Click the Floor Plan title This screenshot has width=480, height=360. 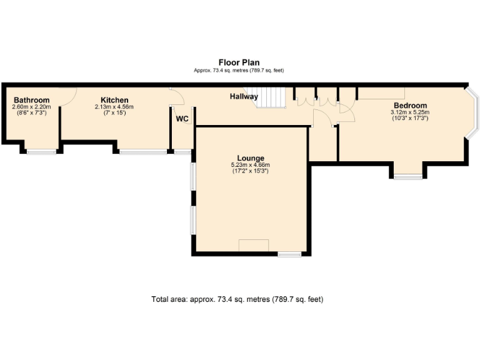pos(239,62)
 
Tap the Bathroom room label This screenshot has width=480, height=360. pos(31,100)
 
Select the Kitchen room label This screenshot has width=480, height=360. pos(114,100)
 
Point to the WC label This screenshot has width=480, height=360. pos(182,119)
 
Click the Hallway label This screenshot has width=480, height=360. pos(243,97)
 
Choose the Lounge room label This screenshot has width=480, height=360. pos(250,158)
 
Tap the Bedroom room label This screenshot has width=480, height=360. pos(410,105)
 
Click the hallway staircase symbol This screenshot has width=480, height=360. pos(272,97)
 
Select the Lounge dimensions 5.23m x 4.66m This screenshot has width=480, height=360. pos(250,165)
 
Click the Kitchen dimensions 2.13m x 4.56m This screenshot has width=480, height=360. pos(114,107)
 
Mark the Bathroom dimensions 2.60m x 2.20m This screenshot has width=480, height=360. pos(31,107)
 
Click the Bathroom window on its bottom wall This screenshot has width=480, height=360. pos(41,151)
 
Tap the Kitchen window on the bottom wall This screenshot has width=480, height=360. pos(143,151)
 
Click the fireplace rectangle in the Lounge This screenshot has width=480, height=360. pos(254,245)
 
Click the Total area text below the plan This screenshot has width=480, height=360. pos(237,299)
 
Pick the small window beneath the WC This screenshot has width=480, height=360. pos(182,151)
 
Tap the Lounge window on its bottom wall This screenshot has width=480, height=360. pos(289,254)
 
